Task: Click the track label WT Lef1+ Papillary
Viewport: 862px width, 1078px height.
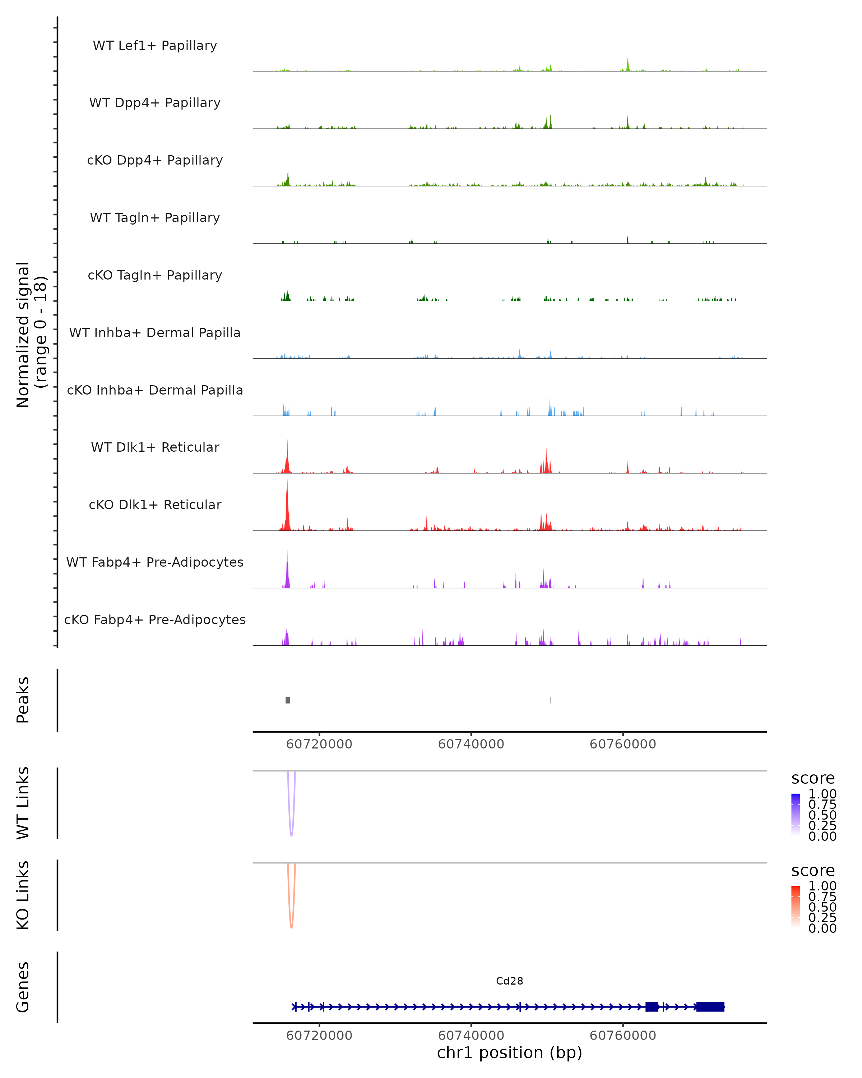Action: (x=155, y=46)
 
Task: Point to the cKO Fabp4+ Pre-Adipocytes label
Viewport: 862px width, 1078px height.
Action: (x=155, y=619)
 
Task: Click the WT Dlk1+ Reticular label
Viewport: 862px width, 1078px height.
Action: (x=155, y=447)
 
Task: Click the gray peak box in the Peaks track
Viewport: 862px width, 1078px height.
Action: (x=288, y=700)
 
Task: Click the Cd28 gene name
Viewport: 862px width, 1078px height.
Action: (x=509, y=981)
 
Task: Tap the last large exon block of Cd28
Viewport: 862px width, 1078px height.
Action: (x=710, y=1006)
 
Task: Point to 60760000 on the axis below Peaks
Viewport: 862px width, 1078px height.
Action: (x=623, y=744)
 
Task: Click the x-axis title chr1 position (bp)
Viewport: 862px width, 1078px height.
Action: (x=509, y=1052)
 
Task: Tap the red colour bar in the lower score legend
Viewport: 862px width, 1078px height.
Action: (x=796, y=906)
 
